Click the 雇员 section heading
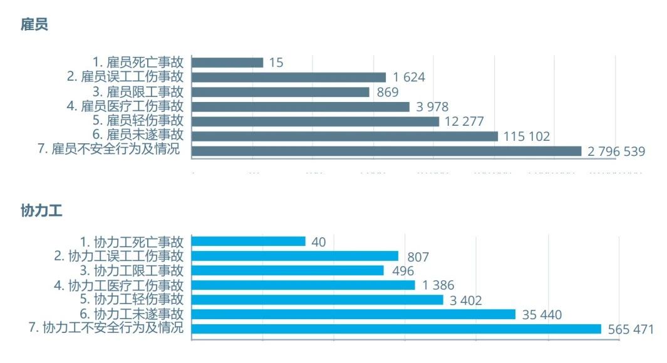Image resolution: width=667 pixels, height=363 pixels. [34, 25]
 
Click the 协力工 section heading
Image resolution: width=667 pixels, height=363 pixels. [41, 210]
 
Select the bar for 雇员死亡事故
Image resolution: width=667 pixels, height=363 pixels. [227, 63]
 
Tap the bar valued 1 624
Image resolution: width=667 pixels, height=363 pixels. [289, 77]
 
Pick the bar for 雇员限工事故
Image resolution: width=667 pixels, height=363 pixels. [281, 92]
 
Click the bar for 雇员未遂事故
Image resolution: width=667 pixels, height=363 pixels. [344, 136]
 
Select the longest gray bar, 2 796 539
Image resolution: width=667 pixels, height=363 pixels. [386, 151]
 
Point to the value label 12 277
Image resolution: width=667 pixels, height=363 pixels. [464, 121]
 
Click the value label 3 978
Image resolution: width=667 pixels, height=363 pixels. [432, 107]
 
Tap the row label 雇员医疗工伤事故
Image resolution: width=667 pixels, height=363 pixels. [125, 106]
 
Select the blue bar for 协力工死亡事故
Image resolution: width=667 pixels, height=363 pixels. [249, 242]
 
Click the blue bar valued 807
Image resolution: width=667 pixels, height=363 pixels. [295, 256]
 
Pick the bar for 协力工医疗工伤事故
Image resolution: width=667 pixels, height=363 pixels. [303, 285]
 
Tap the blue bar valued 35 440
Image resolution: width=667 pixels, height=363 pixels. [353, 314]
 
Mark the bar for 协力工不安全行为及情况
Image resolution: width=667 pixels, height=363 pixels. [396, 329]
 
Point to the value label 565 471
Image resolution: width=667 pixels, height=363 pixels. [630, 329]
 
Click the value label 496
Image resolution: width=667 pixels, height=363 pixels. [402, 271]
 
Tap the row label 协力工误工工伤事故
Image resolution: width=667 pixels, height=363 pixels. [119, 256]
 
